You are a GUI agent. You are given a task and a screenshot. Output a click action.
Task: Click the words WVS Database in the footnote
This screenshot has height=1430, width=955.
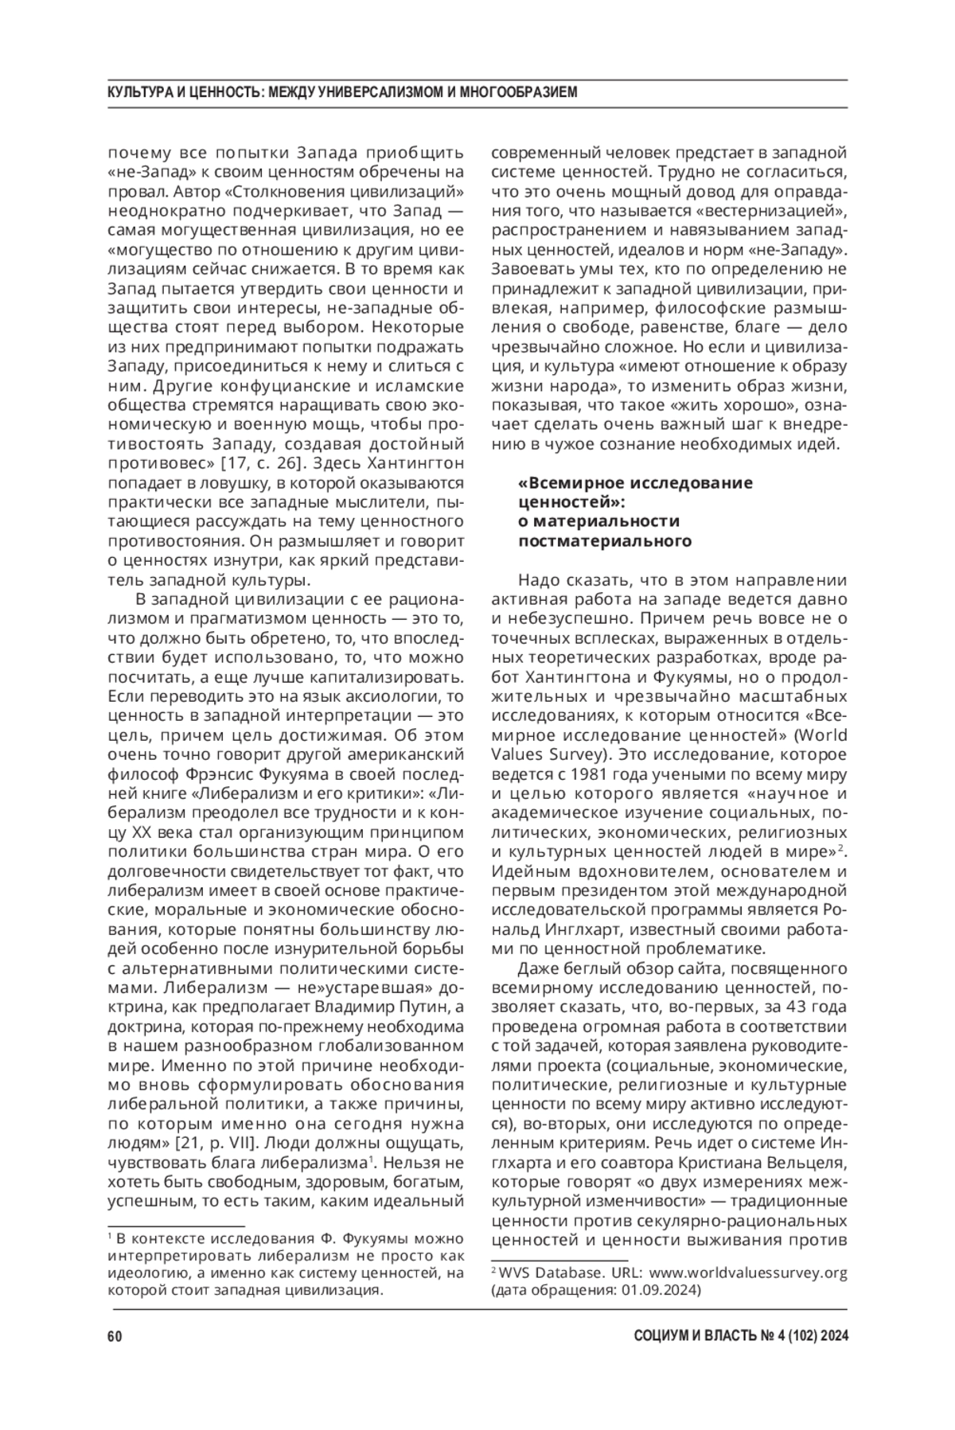coord(536,1272)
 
